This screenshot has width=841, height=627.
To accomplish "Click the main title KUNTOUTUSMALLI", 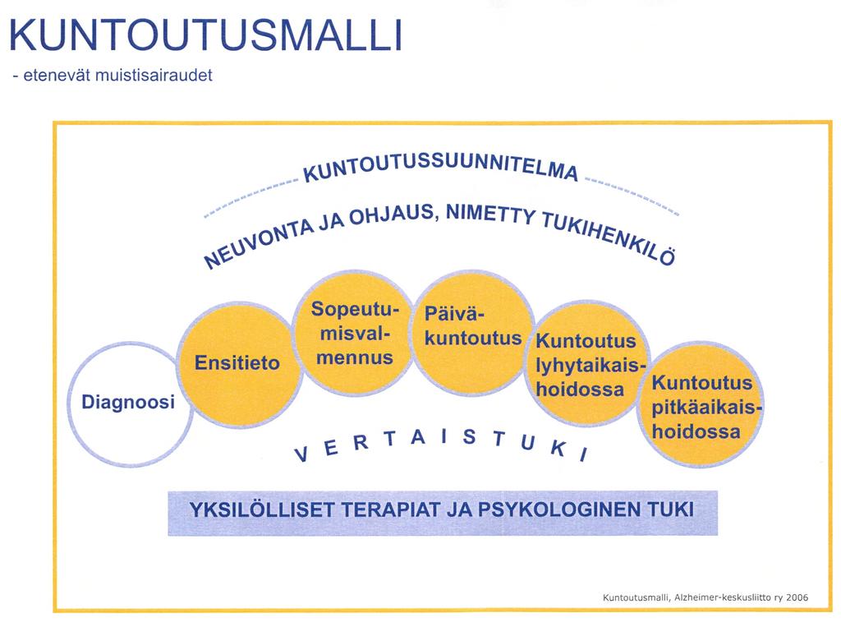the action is (205, 35).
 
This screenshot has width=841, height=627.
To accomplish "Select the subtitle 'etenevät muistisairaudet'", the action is (117, 75).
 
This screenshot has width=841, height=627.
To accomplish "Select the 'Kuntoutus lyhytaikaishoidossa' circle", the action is (588, 364).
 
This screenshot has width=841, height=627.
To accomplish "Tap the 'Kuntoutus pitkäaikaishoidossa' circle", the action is (701, 404).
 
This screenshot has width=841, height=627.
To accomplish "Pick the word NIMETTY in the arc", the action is (490, 213).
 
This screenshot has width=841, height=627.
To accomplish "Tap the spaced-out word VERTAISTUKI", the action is (441, 445).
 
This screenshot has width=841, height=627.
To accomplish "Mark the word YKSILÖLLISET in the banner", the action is (262, 509).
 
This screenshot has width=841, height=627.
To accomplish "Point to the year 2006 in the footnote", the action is (797, 597).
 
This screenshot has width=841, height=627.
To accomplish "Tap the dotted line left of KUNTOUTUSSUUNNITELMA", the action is (251, 196).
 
